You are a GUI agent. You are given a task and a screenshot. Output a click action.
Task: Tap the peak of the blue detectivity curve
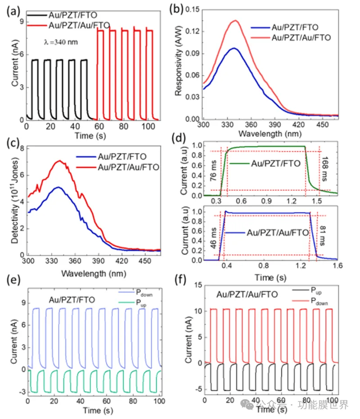coord(58,187)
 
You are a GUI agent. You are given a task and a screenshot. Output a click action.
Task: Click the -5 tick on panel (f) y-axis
coord(198,389)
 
